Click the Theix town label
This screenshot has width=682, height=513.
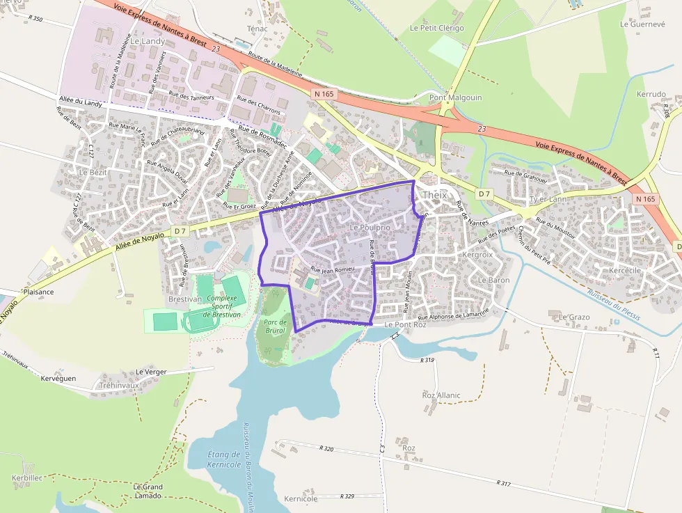pos(435,195)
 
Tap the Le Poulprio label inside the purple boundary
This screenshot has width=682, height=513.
pos(370,228)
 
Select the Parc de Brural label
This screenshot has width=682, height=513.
pos(275,327)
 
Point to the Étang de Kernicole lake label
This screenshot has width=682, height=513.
pos(225,459)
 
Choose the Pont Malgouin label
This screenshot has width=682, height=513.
pos(455,98)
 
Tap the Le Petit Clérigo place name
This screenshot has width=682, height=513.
pos(436,29)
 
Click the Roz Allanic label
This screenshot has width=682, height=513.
pos(441,395)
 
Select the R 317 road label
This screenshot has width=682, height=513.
pos(505,483)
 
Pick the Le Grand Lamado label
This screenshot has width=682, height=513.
pos(148,491)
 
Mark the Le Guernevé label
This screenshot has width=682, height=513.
pos(642,24)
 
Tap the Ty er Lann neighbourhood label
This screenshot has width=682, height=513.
pos(548,199)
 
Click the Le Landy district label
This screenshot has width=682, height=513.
pos(148,41)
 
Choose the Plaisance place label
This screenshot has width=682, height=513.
pos(38,292)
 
